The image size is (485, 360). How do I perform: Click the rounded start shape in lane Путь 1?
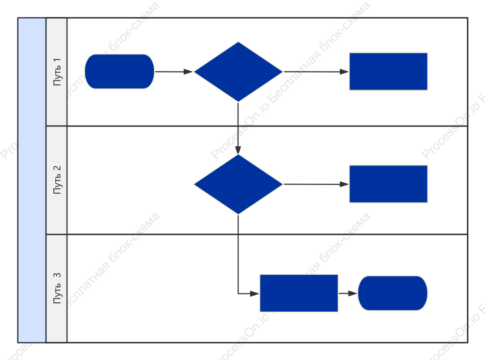tap(119, 71)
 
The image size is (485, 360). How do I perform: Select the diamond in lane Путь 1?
tap(238, 72)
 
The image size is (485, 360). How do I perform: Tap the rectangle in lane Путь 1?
tap(388, 71)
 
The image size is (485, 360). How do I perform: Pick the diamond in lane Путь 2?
tap(238, 184)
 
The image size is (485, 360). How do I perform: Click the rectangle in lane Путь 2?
tap(388, 184)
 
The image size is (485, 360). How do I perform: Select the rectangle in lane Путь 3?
tap(299, 293)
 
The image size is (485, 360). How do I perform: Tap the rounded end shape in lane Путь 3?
tap(393, 293)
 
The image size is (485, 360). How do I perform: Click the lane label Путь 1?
tap(57, 72)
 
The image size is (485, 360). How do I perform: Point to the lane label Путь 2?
tap(57, 180)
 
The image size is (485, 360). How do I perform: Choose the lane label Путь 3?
tap(57, 288)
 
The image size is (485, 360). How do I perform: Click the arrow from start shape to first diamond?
tap(174, 72)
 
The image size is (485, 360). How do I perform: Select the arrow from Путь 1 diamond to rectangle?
tap(316, 72)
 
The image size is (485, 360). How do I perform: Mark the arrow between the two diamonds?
tap(238, 128)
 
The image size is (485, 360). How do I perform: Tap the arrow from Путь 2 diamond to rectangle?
tap(316, 184)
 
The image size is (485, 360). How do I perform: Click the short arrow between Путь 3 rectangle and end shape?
tap(348, 293)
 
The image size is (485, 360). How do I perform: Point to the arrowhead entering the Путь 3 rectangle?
tap(255, 293)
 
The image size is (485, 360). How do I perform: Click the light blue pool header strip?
tap(32, 180)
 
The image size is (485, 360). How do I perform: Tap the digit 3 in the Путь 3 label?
tap(57, 275)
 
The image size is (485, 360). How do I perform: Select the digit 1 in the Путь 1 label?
tap(57, 60)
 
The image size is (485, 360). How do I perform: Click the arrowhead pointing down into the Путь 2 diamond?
tap(238, 150)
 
